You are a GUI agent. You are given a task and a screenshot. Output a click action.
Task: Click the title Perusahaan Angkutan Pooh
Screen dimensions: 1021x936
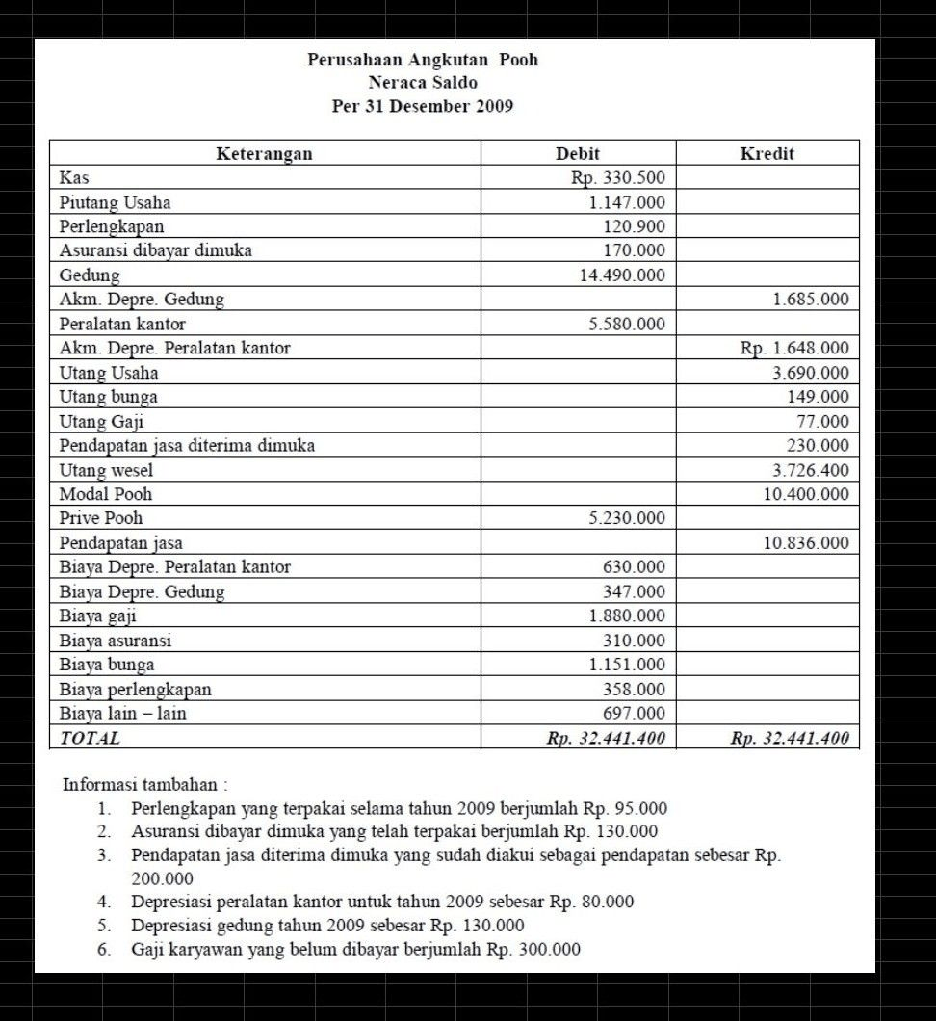(x=423, y=60)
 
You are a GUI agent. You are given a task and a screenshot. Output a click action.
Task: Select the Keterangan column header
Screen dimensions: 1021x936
(x=264, y=153)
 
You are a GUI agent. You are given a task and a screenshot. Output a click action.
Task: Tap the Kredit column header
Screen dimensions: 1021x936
(x=767, y=153)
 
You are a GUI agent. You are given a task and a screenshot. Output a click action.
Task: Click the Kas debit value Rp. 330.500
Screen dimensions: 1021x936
(x=617, y=178)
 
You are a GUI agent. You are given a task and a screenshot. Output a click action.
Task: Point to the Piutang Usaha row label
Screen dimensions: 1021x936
(x=116, y=202)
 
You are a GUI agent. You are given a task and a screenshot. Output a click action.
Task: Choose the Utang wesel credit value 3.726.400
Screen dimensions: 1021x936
(x=811, y=470)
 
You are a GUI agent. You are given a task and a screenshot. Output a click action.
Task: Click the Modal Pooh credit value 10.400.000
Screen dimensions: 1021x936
(x=806, y=494)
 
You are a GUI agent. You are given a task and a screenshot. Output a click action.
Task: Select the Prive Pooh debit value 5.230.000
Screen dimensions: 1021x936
(x=627, y=518)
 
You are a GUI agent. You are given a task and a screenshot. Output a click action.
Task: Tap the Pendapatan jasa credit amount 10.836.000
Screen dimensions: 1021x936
(x=806, y=543)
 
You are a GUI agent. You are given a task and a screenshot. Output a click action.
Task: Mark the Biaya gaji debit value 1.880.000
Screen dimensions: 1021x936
(x=627, y=615)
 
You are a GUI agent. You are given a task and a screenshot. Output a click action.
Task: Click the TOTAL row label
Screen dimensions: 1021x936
(x=91, y=739)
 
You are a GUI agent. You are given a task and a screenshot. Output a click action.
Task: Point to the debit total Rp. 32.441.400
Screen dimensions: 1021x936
(x=606, y=739)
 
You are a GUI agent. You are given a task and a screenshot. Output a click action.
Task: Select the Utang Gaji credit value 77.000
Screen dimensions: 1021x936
(x=822, y=421)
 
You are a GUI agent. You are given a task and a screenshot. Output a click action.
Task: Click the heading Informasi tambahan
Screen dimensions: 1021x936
(x=144, y=784)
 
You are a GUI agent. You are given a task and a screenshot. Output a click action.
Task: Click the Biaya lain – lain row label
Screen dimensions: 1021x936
(x=123, y=714)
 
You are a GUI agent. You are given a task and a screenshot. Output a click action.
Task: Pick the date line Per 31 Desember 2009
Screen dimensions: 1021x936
(x=423, y=106)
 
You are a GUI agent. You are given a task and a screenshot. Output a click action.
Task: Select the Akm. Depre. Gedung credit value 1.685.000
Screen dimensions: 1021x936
(x=811, y=300)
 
